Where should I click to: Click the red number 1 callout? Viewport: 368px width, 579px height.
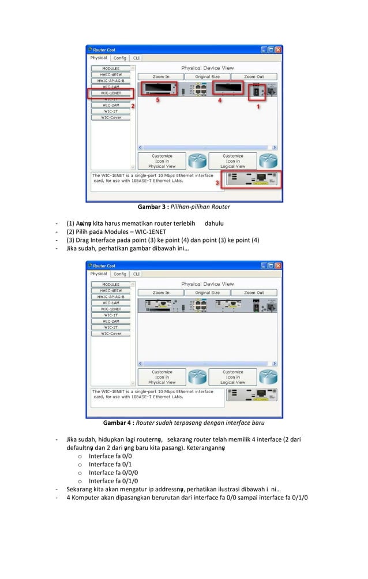click(x=258, y=106)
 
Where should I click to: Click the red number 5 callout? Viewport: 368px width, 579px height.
click(x=158, y=100)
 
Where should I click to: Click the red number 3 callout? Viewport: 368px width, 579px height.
click(x=217, y=182)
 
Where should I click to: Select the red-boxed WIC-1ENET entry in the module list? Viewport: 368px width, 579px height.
click(x=111, y=92)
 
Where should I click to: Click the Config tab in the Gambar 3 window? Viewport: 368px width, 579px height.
click(x=120, y=58)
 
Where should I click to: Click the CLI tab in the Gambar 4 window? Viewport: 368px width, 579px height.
click(x=136, y=274)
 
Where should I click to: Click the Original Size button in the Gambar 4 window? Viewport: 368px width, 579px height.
click(x=207, y=293)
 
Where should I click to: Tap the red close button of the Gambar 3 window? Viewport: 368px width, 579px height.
click(x=277, y=50)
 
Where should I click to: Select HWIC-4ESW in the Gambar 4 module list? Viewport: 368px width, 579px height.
click(x=111, y=290)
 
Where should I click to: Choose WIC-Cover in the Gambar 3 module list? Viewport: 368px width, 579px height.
click(x=111, y=117)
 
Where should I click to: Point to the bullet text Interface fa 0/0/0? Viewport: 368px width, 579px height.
click(x=114, y=472)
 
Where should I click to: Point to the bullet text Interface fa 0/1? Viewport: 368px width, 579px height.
click(x=111, y=464)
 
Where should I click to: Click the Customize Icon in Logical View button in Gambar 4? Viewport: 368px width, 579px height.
click(x=232, y=377)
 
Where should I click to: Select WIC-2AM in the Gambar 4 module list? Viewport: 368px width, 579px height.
click(x=111, y=321)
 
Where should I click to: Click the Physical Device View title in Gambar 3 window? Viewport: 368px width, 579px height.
click(x=207, y=68)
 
